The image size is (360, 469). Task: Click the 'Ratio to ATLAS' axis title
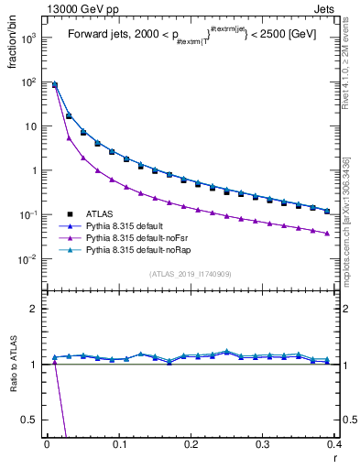coord(12,367)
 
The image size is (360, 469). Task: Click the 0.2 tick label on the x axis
coord(191,443)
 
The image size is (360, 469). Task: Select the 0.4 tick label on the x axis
coord(333,443)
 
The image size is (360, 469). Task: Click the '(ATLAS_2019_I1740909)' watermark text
coord(190,274)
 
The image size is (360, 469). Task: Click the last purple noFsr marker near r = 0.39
coord(327,233)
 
